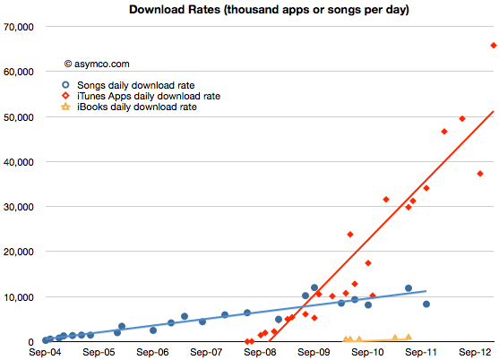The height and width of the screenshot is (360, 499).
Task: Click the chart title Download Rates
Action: [x=269, y=10]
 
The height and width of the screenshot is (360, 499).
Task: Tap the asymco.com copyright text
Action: [x=97, y=64]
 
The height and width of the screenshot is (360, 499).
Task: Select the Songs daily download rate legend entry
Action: [x=128, y=85]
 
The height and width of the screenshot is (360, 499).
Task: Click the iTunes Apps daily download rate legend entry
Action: [x=141, y=96]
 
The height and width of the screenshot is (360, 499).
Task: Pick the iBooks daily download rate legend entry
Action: [x=129, y=107]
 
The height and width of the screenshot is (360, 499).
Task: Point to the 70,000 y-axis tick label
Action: [x=19, y=27]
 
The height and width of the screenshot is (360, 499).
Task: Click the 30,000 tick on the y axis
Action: [x=19, y=207]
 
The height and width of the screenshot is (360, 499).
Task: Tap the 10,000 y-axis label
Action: [x=19, y=297]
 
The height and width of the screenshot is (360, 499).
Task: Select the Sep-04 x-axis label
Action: [x=45, y=352]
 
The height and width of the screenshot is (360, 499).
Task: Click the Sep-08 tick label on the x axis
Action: [x=260, y=352]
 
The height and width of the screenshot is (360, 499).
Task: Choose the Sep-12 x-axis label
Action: [x=475, y=352]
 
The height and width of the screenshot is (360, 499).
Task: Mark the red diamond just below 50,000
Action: [x=462, y=118]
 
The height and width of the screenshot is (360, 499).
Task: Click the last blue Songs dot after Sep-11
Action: [x=426, y=304]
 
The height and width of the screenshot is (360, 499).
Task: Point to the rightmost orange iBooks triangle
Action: [x=409, y=337]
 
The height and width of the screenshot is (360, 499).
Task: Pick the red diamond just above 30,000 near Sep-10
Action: [x=386, y=200]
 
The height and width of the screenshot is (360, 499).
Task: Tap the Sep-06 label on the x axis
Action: [x=152, y=352]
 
